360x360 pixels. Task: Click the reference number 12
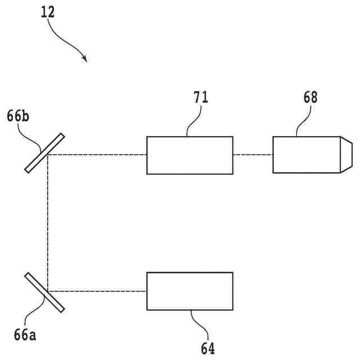pos(48,12)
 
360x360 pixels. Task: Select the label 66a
pos(25,336)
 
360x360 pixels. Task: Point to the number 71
pos(201,97)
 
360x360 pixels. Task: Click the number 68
pos(309,97)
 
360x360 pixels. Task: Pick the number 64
pos(207,348)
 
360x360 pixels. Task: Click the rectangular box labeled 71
pos(190,155)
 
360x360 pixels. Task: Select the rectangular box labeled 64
pos(190,291)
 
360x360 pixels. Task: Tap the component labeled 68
pos(307,155)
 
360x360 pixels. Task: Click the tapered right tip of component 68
pos(346,155)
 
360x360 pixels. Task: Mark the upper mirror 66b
pos(45,152)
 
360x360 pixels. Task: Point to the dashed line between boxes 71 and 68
pos(253,155)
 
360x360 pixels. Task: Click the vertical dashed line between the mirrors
pos(48,222)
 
